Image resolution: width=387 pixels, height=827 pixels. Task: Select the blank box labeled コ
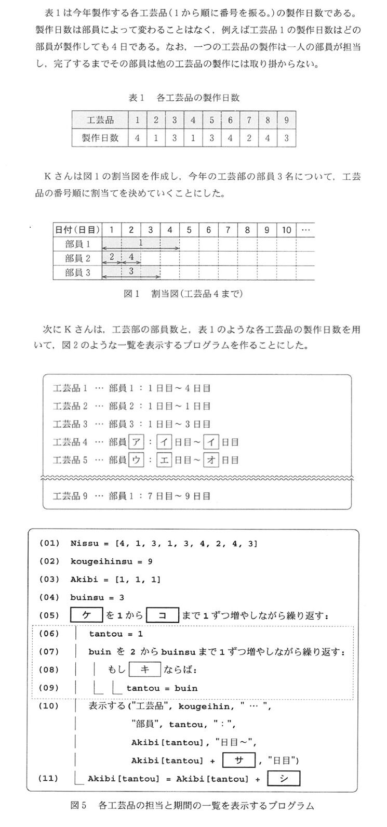coord(163,615)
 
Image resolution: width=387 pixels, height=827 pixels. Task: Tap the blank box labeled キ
coord(145,670)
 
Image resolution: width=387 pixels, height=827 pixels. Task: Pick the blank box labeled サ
coord(239,760)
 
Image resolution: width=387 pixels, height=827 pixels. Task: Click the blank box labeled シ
coord(283,778)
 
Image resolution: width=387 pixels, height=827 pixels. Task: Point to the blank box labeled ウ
coord(135,460)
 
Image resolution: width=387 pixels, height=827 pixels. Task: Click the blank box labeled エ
coord(164,460)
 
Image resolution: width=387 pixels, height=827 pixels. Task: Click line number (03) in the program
coord(49,579)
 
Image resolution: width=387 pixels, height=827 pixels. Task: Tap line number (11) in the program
coord(49,778)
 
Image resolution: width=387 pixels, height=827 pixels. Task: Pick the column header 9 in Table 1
coord(287,120)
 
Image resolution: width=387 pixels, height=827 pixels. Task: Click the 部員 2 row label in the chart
coord(78,258)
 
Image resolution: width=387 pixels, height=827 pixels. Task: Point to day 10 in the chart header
coord(286,229)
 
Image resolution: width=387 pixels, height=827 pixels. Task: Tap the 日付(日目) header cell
coord(78,229)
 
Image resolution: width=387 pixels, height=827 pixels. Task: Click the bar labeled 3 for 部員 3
coord(131,271)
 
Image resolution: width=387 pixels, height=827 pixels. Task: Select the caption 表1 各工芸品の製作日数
coord(184,97)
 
